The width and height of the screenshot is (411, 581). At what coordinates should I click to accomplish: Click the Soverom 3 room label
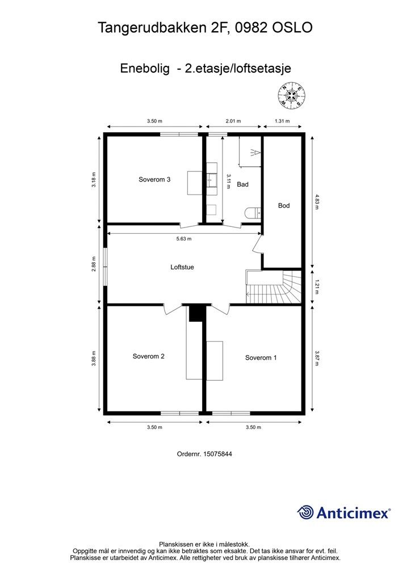[154, 180]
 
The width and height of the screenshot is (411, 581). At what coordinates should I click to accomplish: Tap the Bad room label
[242, 184]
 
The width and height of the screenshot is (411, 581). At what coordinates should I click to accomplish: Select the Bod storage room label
[283, 205]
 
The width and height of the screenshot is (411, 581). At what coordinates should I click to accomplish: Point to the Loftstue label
[182, 267]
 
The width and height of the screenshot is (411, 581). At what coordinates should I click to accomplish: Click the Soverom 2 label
[149, 356]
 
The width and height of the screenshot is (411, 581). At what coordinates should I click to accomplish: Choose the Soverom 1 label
[261, 357]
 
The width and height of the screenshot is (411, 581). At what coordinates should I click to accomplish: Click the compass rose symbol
[292, 96]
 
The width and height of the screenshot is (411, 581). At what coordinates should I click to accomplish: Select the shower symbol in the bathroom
[254, 152]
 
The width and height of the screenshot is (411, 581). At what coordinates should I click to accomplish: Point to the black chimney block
[196, 313]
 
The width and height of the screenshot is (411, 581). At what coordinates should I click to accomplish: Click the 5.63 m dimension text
[184, 239]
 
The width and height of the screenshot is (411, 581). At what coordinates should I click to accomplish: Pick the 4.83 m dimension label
[317, 201]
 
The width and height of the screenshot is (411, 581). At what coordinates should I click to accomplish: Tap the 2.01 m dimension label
[233, 121]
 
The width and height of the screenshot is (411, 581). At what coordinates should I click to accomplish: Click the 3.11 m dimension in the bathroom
[228, 181]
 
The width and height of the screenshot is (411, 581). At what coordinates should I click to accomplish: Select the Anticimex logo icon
[305, 512]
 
